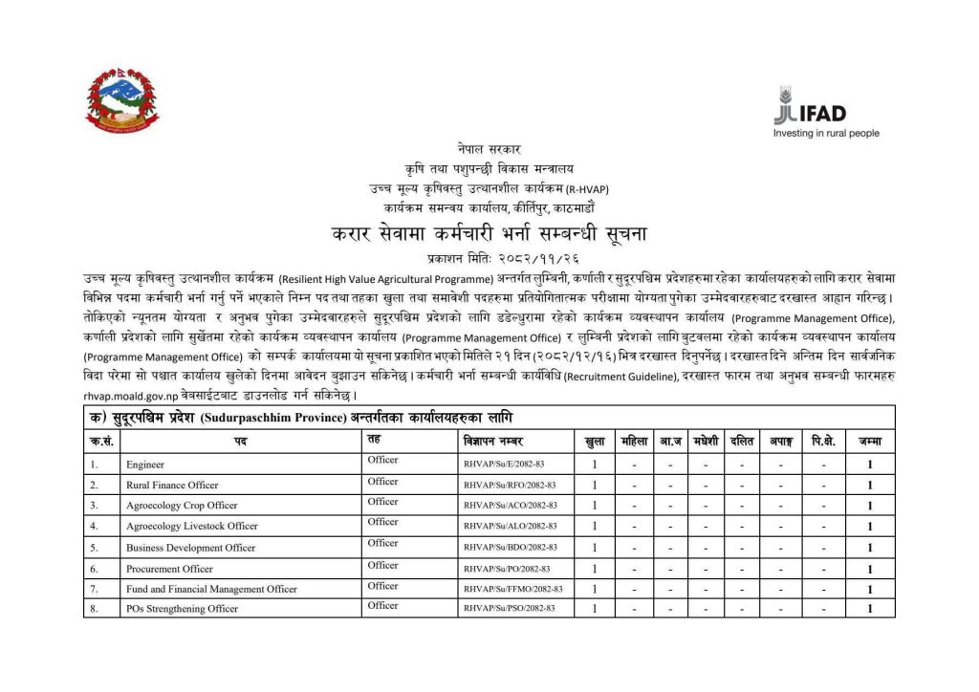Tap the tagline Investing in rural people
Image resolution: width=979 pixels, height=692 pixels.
(826, 134)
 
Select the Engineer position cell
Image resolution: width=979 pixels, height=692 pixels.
(145, 465)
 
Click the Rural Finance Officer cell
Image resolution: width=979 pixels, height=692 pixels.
(172, 486)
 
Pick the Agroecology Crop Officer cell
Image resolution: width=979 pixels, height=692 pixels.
(182, 506)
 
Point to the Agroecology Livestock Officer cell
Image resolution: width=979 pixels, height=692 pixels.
(191, 527)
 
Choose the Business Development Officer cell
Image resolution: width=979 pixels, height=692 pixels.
(190, 548)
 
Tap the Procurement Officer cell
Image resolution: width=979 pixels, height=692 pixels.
(169, 569)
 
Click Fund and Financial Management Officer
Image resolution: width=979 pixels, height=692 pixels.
(211, 589)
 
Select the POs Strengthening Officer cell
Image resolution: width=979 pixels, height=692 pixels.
(182, 609)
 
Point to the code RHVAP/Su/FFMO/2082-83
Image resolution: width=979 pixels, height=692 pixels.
(512, 589)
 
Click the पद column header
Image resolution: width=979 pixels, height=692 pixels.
(237, 442)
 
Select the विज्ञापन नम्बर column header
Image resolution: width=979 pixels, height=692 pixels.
(490, 442)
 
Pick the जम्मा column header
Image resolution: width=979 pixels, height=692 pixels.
(869, 442)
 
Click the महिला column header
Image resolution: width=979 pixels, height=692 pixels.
(633, 442)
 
